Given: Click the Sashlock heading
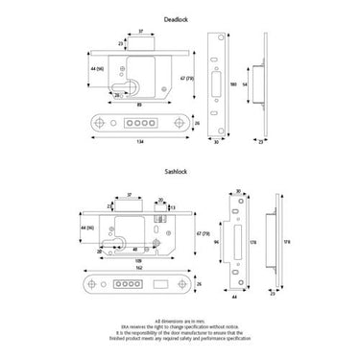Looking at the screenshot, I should point(180,179).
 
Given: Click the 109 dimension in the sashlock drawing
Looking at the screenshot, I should point(140,258).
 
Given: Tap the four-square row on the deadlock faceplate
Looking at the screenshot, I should point(140,123).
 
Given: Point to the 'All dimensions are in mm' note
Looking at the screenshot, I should point(180,318).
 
